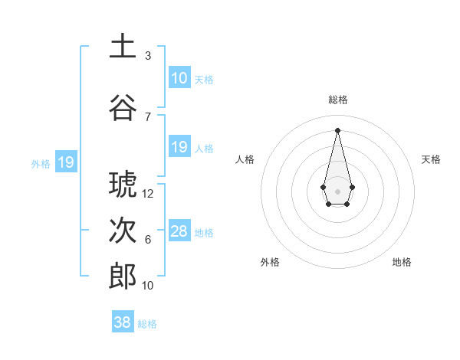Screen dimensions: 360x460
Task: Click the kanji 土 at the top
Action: [x=123, y=46]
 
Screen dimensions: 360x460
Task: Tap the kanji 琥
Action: [x=123, y=184]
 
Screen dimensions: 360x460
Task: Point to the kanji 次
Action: [x=123, y=231]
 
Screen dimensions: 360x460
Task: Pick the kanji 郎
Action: [x=123, y=277]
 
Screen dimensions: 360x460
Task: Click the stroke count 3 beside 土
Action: [x=147, y=56]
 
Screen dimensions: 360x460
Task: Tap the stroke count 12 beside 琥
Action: [x=149, y=194]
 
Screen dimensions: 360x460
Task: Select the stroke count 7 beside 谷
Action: [x=147, y=117]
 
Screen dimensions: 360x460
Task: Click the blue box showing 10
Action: [x=179, y=78]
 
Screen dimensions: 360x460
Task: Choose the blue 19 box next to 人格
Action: [x=179, y=147]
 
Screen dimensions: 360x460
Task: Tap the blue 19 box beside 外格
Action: [x=65, y=162]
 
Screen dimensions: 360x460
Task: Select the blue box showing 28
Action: [x=179, y=231]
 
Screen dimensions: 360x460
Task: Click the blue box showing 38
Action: [x=123, y=322]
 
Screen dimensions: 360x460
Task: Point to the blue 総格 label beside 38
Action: [x=147, y=324]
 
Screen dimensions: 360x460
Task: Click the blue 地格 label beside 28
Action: [x=204, y=233]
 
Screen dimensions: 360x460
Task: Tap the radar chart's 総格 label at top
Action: [x=338, y=100]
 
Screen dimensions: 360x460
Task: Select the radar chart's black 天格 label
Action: [x=431, y=159]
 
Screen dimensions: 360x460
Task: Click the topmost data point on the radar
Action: [x=337, y=129]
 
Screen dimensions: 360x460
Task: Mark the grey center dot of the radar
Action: [x=337, y=190]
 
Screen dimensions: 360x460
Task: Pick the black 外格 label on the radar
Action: [x=270, y=262]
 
